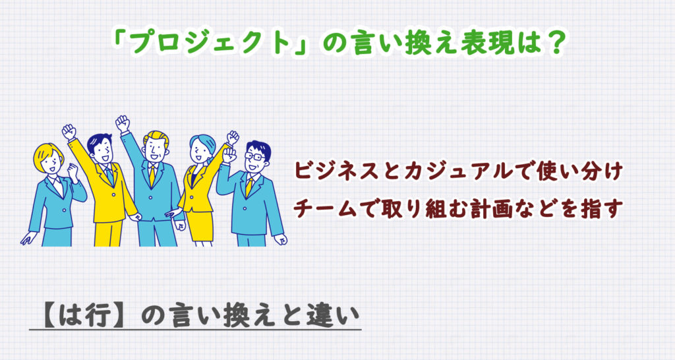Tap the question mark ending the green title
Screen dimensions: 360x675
point(555,44)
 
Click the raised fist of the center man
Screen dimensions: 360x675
point(123,123)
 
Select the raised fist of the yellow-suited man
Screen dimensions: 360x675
point(69,131)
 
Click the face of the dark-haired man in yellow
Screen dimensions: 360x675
point(101,153)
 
